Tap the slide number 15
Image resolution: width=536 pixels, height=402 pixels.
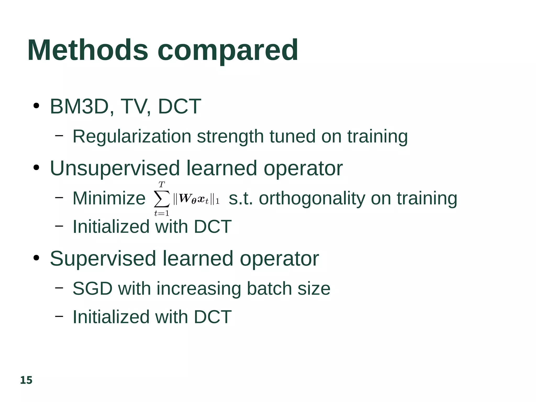(x=26, y=380)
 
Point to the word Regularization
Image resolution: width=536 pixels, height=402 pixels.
(x=132, y=137)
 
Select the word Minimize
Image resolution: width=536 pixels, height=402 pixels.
(x=109, y=198)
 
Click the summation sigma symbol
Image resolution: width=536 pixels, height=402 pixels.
(x=162, y=199)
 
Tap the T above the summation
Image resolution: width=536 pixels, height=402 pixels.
(x=162, y=185)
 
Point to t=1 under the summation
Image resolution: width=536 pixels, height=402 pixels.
(x=162, y=213)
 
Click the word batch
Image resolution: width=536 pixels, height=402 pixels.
(x=269, y=289)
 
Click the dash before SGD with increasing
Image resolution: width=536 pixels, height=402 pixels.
(x=59, y=288)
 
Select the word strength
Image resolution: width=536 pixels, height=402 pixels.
(x=230, y=137)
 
